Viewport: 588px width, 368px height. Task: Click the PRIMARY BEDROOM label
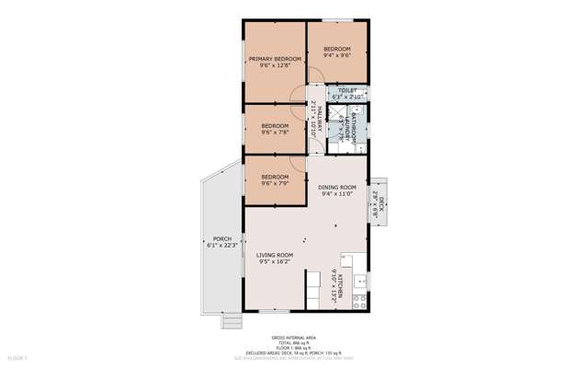pos(275,59)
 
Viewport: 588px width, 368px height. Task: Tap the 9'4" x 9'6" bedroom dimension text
pos(337,56)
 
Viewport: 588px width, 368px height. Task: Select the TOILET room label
pos(347,90)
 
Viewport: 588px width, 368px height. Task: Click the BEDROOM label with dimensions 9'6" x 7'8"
pos(275,125)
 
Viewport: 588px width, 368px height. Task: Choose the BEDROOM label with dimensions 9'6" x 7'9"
pos(275,177)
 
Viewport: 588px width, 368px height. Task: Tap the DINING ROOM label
pos(337,188)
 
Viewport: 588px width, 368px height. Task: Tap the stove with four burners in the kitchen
pos(360,299)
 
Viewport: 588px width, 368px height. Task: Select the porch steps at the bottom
pos(231,321)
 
